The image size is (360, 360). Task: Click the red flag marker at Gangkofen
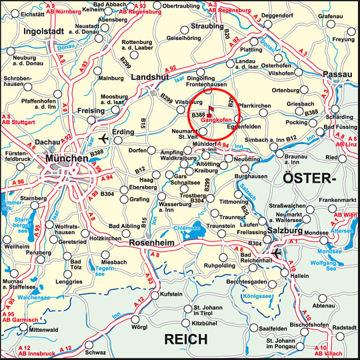tap(212, 110)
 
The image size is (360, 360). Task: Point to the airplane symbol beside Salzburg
tap(278, 254)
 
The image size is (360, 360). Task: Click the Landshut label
tap(151, 77)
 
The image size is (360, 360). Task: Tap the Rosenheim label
tap(165, 242)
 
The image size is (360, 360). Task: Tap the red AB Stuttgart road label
tap(17, 123)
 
